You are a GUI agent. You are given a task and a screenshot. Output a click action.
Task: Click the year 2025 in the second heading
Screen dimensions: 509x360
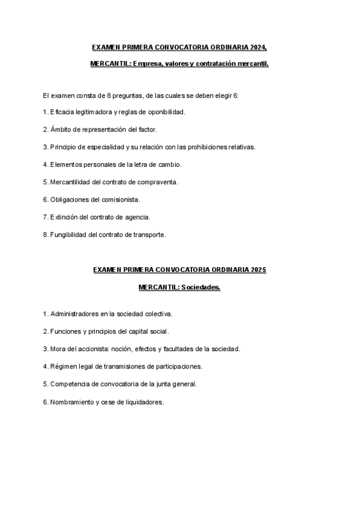click(x=258, y=270)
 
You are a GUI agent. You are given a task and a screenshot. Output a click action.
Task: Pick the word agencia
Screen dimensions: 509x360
click(x=137, y=217)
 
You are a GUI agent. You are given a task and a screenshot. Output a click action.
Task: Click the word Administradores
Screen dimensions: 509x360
click(x=74, y=313)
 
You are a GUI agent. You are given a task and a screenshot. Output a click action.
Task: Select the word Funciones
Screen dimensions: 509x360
click(x=64, y=331)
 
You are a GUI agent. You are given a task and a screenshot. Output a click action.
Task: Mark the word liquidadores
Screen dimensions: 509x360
click(x=142, y=402)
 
